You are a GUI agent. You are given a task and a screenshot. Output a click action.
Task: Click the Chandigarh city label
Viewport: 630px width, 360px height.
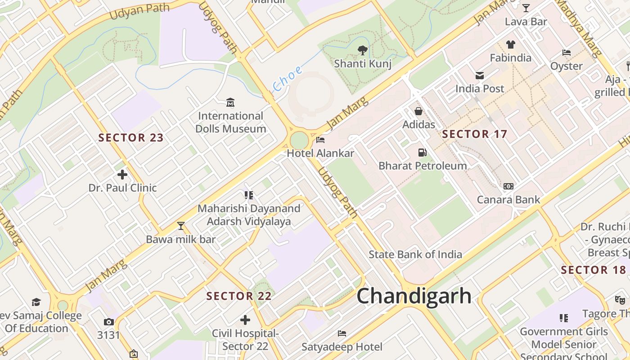[x=414, y=296]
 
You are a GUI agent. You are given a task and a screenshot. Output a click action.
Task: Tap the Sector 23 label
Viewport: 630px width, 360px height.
[x=131, y=138]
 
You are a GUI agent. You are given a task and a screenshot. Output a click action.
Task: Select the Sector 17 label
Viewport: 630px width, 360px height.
[x=474, y=134]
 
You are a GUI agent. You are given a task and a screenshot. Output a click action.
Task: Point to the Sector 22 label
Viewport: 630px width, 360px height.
[x=239, y=296]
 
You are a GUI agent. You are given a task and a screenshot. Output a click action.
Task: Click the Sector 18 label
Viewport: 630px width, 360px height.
[x=593, y=270]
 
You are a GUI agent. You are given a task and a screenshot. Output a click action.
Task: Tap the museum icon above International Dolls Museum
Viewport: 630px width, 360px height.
[x=230, y=103]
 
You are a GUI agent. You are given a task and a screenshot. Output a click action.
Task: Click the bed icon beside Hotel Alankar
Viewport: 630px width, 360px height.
[x=320, y=140]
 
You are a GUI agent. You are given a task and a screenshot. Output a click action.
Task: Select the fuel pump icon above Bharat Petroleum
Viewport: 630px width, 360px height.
[x=422, y=153]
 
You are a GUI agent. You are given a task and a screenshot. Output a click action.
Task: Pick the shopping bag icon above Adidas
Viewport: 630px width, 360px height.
[x=418, y=111]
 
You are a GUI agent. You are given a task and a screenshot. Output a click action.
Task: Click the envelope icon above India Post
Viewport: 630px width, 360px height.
[x=480, y=76]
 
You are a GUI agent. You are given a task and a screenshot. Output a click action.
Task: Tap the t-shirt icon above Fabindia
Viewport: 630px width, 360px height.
[x=510, y=45]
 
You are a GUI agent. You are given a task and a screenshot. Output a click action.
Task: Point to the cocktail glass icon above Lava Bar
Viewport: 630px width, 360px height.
[x=526, y=8]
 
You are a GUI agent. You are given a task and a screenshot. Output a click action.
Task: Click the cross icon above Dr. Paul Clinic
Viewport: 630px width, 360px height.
[x=122, y=174]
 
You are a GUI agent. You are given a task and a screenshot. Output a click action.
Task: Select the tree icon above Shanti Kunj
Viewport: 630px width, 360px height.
[x=362, y=50]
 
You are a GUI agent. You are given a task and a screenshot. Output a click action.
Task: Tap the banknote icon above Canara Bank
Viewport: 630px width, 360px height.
[x=508, y=186]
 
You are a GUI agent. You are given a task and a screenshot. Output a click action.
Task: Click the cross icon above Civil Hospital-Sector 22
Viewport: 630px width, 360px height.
[x=245, y=320]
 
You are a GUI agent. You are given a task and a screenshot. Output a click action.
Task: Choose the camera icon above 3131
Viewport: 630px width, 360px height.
[x=108, y=322]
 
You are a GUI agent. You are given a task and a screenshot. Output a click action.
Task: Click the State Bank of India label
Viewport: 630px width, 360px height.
[x=415, y=254]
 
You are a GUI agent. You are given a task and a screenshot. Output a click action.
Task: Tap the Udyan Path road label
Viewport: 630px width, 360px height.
[x=139, y=11]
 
